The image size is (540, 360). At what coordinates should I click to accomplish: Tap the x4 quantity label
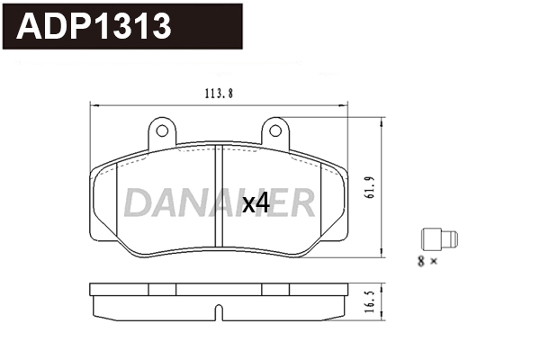(256, 204)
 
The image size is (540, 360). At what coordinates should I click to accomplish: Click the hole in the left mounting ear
(162, 131)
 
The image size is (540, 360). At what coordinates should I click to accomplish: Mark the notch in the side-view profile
(219, 313)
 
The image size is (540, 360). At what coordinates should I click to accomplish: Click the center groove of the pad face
(219, 197)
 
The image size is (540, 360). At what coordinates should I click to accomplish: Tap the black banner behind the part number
(207, 27)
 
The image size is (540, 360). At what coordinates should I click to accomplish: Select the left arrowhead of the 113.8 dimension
(94, 105)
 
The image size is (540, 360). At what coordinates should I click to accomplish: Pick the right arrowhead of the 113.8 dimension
(345, 105)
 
